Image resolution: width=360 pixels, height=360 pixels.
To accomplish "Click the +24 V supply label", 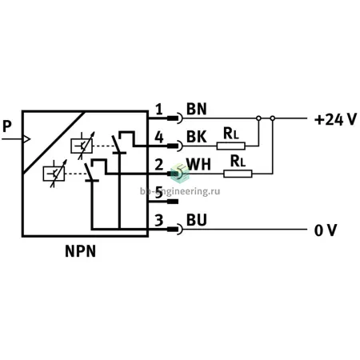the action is tap(335, 119).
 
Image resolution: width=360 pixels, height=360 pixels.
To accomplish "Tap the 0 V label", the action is tap(326, 230).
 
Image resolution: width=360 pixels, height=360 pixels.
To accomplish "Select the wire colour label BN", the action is tap(197, 109).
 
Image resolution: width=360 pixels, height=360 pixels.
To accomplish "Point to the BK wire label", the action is tap(197, 137).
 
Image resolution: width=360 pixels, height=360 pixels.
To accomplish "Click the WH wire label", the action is tap(198, 164).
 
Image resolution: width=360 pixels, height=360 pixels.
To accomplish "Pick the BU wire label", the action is tap(197, 220).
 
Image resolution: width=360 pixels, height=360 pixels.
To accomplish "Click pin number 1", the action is tap(159, 110).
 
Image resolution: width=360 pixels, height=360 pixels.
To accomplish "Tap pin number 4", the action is tap(159, 138).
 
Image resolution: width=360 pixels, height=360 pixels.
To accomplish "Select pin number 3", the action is tap(159, 220).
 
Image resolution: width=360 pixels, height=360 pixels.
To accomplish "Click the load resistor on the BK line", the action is tap(231, 146).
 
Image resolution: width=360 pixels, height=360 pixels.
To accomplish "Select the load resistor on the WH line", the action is tap(238, 174).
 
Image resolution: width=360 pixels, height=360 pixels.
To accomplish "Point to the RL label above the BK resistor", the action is tap(231, 134).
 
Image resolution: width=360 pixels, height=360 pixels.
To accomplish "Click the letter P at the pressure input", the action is tap(7, 126).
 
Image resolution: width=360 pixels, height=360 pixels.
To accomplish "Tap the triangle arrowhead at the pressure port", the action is tap(27, 139).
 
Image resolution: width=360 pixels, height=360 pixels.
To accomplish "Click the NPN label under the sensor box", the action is tap(80, 251).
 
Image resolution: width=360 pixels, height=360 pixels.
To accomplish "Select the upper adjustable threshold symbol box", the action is tap(82, 146).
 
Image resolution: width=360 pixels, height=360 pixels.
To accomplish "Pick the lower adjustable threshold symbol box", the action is tap(54, 174).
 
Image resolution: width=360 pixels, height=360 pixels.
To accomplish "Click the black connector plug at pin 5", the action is tap(173, 202).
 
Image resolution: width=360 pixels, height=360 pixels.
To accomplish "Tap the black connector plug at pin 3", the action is tap(173, 229).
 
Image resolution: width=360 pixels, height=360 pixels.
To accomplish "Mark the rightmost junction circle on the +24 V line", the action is tap(273, 118).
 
